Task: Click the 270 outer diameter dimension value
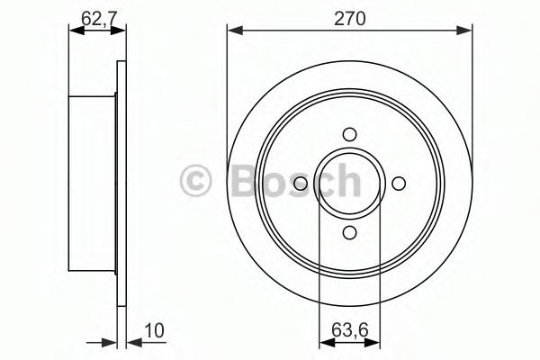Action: point(351,16)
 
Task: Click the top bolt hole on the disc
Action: point(350,135)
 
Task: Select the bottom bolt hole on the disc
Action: point(350,233)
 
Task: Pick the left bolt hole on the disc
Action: point(301,184)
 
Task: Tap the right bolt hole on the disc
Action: point(399,184)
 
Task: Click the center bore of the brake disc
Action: point(350,184)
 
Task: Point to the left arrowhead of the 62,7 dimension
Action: point(76,31)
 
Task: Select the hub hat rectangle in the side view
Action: point(94,184)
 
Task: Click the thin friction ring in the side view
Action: point(121,184)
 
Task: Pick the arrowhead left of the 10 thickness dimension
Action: point(111,342)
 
